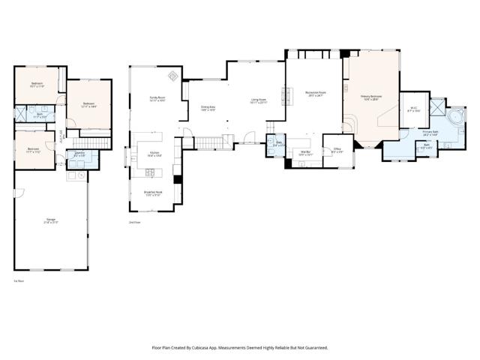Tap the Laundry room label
click(78, 154)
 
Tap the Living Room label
click(259, 101)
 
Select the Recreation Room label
click(313, 94)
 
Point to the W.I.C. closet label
click(413, 109)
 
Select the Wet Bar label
click(305, 153)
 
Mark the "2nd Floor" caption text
click(135, 223)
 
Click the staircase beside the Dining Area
click(210, 142)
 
